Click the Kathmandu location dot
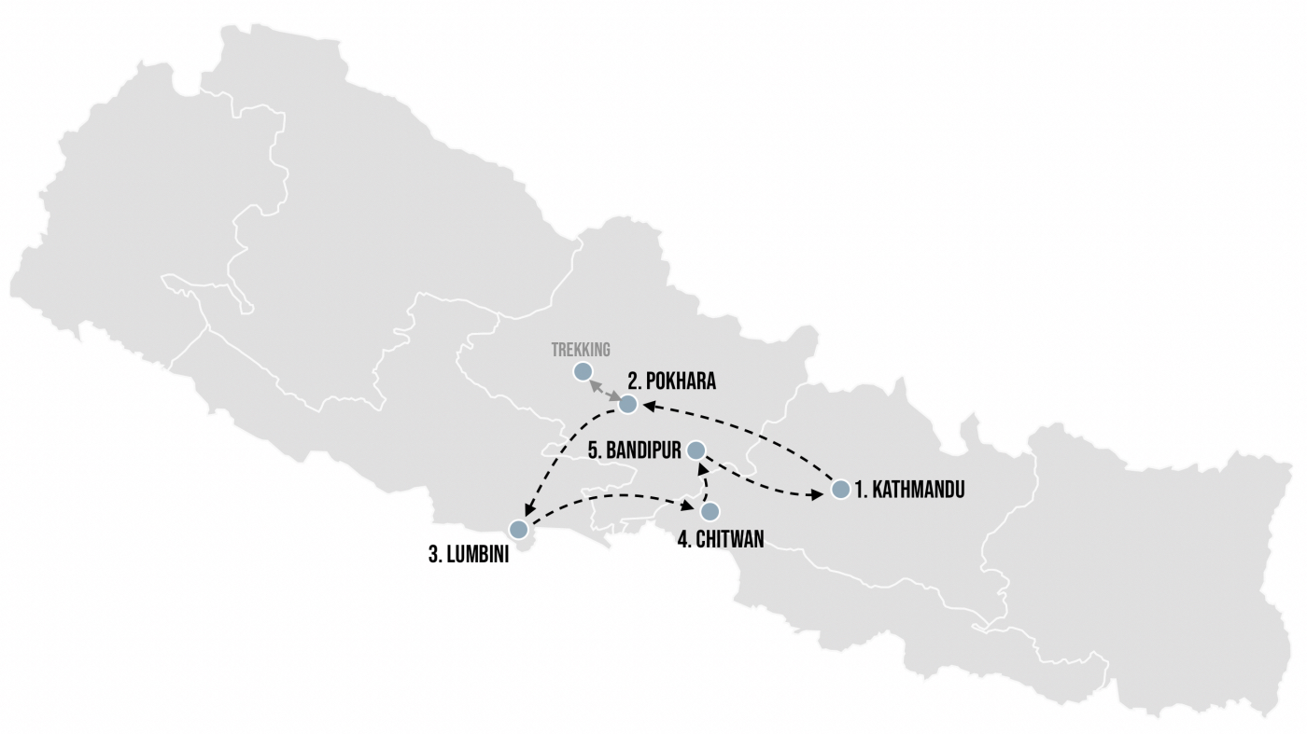(x=840, y=489)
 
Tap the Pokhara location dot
(x=628, y=404)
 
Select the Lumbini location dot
(x=518, y=529)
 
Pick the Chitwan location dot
(x=710, y=511)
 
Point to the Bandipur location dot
(x=696, y=450)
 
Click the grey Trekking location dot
(x=583, y=372)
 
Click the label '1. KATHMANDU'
(x=909, y=490)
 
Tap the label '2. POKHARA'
(x=671, y=381)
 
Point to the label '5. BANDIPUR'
(x=635, y=450)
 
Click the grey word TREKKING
(x=580, y=350)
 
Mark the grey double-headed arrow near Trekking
(x=605, y=388)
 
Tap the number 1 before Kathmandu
(x=860, y=490)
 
